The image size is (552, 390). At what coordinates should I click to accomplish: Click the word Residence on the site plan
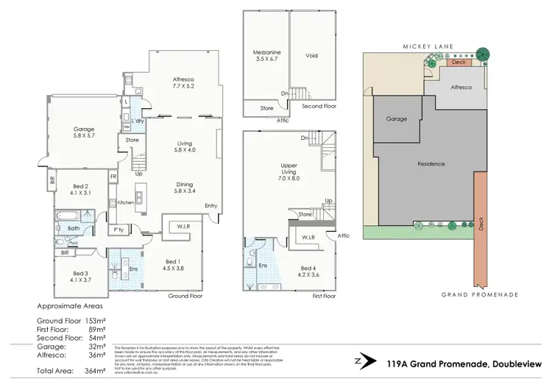coord(431,163)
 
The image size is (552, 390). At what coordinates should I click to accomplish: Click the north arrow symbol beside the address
coord(359,361)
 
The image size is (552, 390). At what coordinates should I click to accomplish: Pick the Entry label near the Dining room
coord(211,205)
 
